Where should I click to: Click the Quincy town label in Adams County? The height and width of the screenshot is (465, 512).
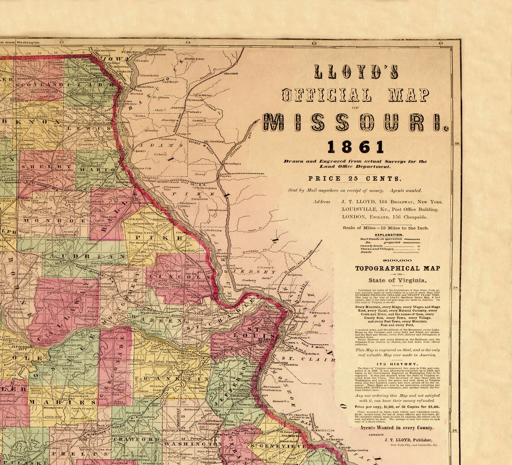(x=140, y=151)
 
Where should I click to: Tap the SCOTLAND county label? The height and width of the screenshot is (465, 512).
(x=40, y=84)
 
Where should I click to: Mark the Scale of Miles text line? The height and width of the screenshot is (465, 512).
(x=385, y=228)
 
